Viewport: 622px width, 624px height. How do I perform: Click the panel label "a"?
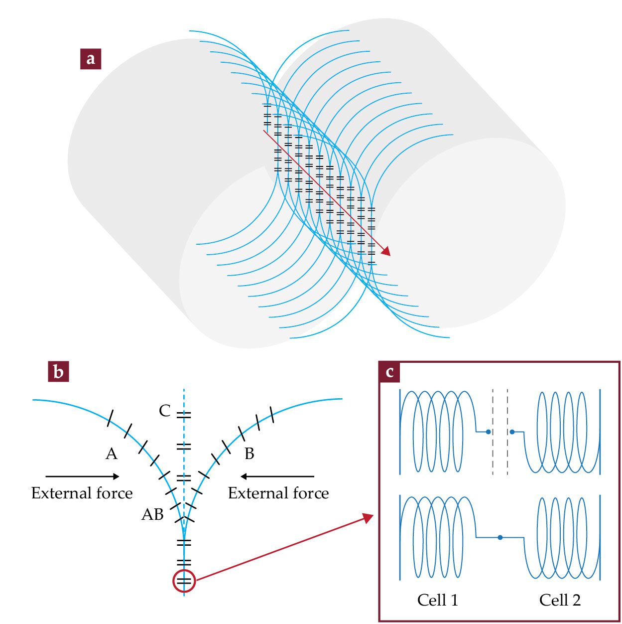coord(91,58)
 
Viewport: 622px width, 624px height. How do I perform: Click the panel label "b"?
coord(58,372)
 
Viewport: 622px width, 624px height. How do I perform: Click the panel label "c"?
coord(389,372)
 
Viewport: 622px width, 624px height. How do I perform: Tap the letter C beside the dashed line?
coord(165,411)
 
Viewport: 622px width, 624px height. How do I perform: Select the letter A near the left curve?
coord(112,454)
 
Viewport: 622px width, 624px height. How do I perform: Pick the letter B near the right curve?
coord(249,454)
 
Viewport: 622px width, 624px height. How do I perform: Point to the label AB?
coord(152,514)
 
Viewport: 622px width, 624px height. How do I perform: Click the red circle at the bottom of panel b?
coord(184,581)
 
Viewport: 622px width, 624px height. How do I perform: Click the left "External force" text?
coord(82,493)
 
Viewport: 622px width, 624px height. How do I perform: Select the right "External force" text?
coord(278,493)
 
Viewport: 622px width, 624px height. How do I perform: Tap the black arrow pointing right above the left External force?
coord(83,476)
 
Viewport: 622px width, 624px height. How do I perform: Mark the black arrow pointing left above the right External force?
coord(277,476)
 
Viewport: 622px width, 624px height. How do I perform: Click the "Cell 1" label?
coord(437,600)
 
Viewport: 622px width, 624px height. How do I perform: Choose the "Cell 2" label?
coord(560,600)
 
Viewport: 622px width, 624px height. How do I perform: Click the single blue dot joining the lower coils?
coord(500,537)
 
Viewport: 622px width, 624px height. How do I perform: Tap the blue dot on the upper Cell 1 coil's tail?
coord(488,432)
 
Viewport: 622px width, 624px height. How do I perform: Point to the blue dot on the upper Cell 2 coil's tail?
coord(512,432)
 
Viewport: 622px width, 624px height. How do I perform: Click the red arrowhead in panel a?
coord(385,251)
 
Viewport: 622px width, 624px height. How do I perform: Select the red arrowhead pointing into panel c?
coord(368,518)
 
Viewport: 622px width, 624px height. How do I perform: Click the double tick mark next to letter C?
coord(184,415)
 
